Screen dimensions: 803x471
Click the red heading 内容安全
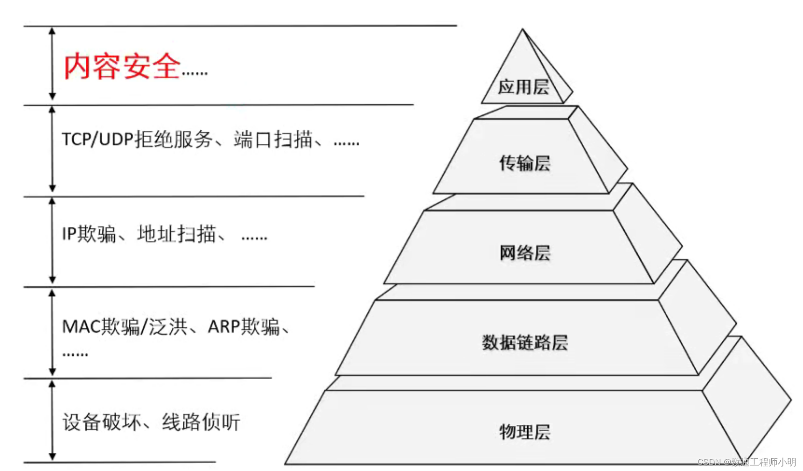click(122, 66)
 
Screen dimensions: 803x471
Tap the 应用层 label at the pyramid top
click(523, 87)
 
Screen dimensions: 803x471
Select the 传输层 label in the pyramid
click(524, 163)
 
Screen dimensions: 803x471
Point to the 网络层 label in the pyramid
click(525, 253)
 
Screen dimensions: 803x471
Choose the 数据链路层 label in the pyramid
click(525, 343)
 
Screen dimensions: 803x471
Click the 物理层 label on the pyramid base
click(525, 432)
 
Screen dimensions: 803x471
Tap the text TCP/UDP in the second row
click(98, 139)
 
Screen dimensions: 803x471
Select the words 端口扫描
click(273, 139)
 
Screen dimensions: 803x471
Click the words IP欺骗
click(89, 234)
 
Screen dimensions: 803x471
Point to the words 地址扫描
click(176, 234)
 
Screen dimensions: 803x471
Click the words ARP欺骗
click(243, 327)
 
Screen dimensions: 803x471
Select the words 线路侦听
click(201, 422)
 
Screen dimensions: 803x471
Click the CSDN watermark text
click(747, 462)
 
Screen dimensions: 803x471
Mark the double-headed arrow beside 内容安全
click(52, 63)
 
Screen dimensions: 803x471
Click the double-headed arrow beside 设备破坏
click(52, 420)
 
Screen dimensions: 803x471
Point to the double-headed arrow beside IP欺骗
click(52, 240)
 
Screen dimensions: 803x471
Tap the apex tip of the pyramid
click(523, 30)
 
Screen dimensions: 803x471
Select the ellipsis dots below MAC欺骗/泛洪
click(75, 355)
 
